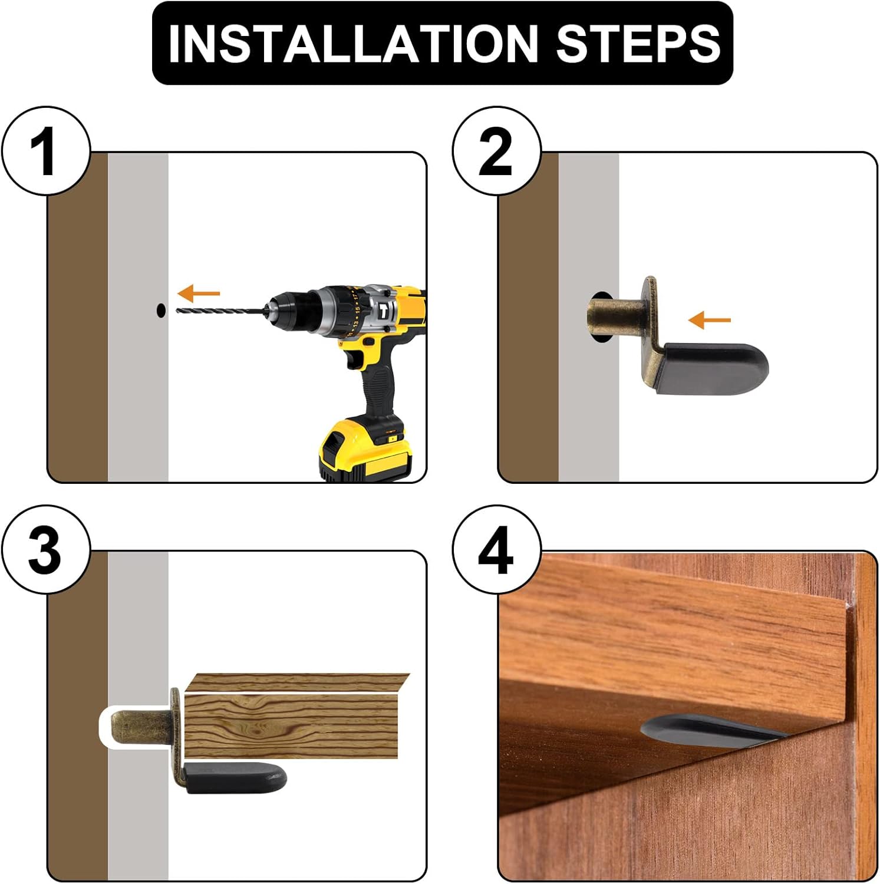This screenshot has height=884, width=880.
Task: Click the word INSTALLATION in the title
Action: coord(352,43)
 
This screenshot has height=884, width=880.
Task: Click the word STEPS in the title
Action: coord(638,43)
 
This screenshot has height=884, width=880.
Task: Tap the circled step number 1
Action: coord(46,151)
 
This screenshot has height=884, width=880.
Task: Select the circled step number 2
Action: coord(496,151)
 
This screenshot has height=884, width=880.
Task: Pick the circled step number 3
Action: coord(46,550)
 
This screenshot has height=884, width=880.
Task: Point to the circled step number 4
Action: coord(496,550)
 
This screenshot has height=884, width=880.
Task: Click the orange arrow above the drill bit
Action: coord(199,293)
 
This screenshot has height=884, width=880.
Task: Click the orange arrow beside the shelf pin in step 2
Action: coord(710,321)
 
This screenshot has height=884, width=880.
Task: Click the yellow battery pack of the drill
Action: coord(365,449)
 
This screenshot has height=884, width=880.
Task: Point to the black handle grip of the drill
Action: coord(377,383)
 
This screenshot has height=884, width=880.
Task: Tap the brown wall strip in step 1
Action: coord(78,317)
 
